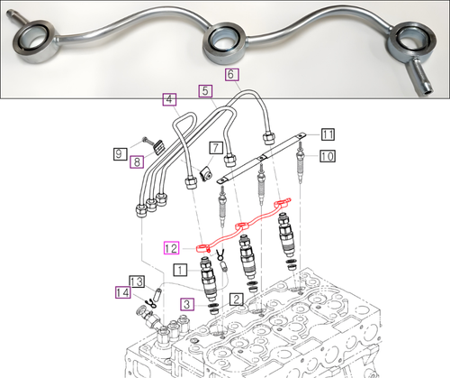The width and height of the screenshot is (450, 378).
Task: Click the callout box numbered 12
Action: click(x=171, y=248)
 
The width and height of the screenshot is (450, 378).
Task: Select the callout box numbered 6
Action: click(x=232, y=75)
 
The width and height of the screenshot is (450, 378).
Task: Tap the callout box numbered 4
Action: click(x=169, y=99)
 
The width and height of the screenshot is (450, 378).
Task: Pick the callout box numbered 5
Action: click(x=205, y=91)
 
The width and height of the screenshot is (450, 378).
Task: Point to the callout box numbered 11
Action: click(x=328, y=134)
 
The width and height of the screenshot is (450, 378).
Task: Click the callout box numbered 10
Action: click(x=328, y=156)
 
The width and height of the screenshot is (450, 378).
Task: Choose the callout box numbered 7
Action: click(x=216, y=148)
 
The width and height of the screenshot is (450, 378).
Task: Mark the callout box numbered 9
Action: click(x=120, y=154)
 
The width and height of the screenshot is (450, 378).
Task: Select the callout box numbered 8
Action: click(x=137, y=162)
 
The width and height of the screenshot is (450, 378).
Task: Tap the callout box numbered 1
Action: click(x=180, y=270)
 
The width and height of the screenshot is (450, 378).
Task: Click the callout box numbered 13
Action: click(x=137, y=281)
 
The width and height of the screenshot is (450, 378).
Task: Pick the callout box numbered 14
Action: click(x=123, y=292)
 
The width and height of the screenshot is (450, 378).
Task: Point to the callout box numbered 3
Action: click(x=187, y=304)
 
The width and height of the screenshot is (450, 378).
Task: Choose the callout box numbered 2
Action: click(x=237, y=300)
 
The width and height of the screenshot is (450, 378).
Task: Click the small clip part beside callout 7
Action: click(x=206, y=174)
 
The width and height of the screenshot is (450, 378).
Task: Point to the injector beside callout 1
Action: click(x=208, y=278)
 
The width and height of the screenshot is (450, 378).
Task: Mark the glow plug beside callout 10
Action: click(x=300, y=162)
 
